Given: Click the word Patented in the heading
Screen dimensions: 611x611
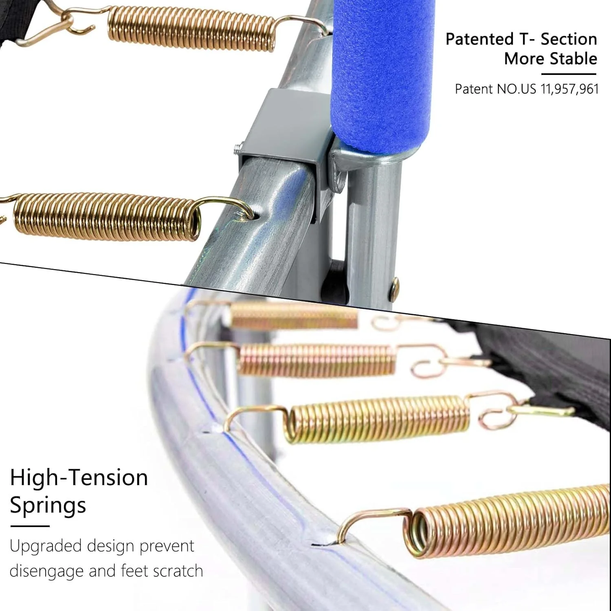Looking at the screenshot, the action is (479, 39).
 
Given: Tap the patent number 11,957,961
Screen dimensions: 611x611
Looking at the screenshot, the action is (569, 89).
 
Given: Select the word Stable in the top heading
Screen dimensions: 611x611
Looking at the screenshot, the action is (573, 59).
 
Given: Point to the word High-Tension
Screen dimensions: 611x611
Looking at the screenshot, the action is (79, 477).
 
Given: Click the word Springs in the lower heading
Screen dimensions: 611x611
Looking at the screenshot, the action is (48, 505).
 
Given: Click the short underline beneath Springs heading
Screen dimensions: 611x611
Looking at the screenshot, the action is (30, 526).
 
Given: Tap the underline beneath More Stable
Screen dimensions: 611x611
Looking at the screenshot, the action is (569, 74).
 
